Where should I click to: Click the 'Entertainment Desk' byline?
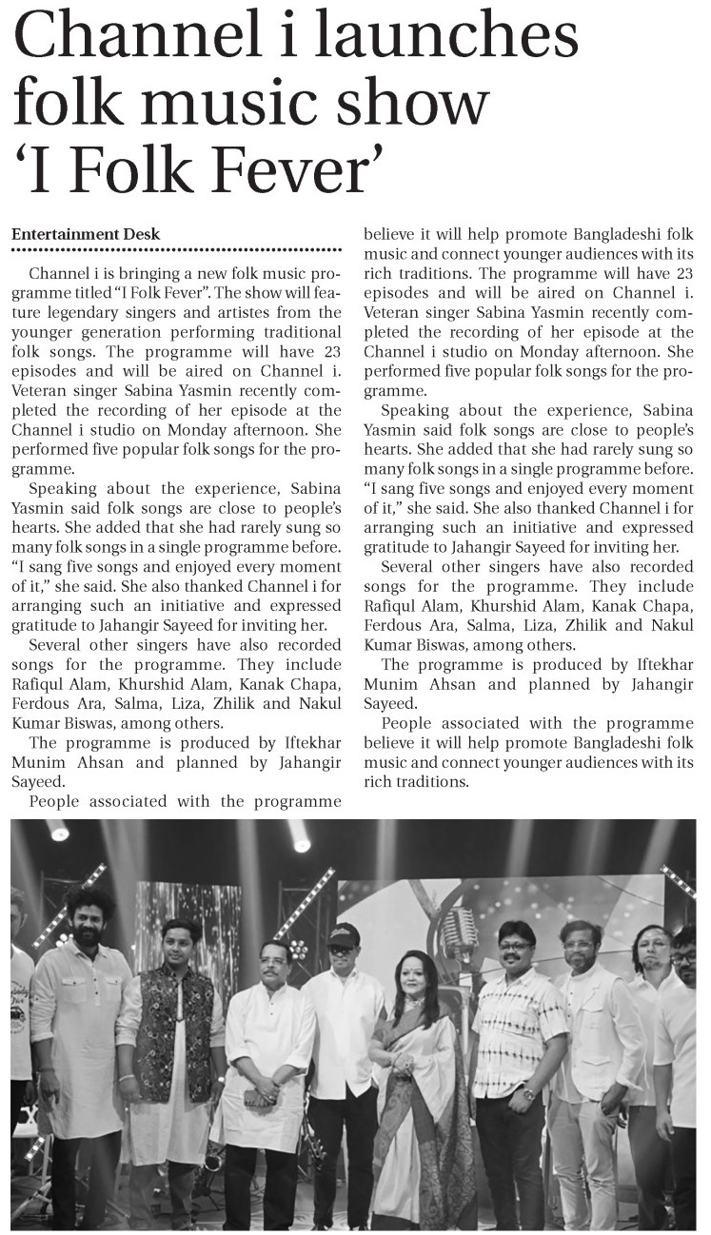(86, 234)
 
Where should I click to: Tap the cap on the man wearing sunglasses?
(343, 933)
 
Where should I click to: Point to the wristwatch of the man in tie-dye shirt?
(528, 1092)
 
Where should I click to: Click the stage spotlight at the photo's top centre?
(301, 840)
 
